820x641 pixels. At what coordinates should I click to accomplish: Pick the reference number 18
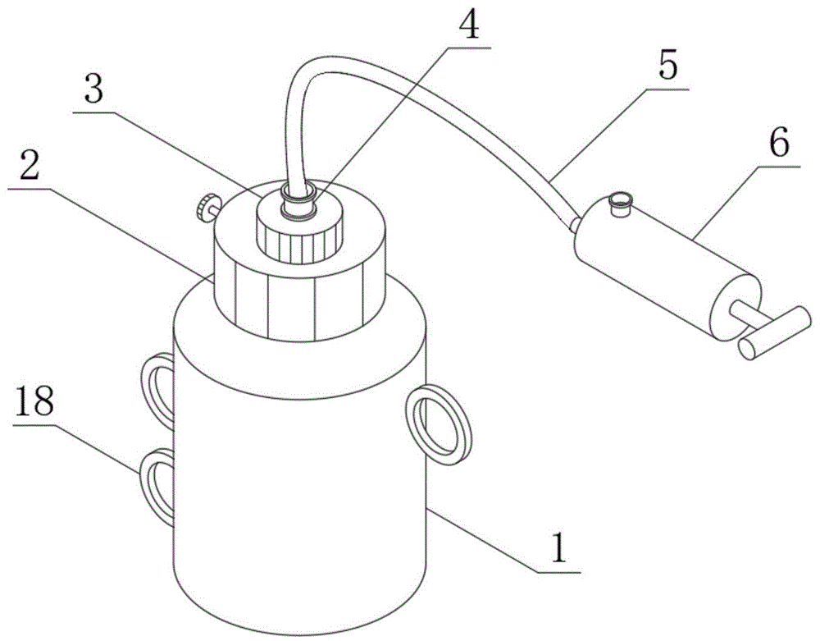33,401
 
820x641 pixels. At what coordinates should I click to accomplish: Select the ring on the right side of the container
440,422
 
